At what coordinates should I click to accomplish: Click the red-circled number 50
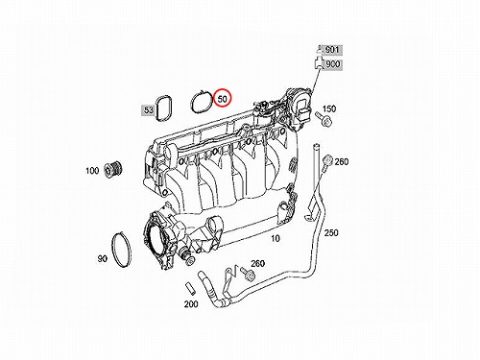click(222, 99)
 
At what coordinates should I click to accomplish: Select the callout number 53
click(149, 110)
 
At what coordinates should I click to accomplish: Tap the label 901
click(332, 50)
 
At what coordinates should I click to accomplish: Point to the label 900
click(332, 64)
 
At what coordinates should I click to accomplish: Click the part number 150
click(329, 108)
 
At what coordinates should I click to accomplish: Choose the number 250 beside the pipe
click(331, 232)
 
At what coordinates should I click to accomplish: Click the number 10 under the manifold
click(276, 238)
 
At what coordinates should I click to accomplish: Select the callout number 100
click(92, 171)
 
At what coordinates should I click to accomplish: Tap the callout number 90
click(103, 258)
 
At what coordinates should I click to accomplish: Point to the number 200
click(191, 303)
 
